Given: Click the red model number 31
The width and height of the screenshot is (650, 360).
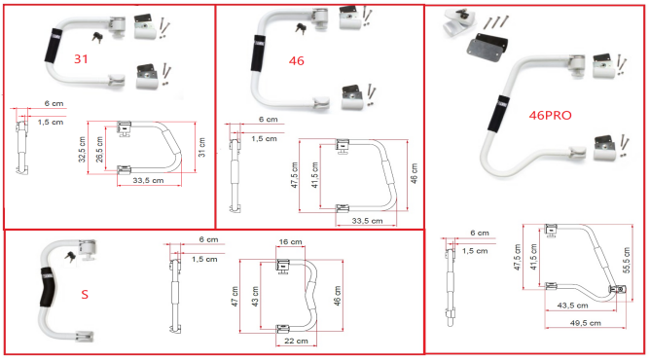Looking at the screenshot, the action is pyautogui.click(x=81, y=58).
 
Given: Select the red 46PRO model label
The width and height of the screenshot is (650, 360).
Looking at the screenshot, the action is pyautogui.click(x=550, y=115).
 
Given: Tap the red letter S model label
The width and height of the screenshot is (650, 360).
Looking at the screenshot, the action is pyautogui.click(x=85, y=295).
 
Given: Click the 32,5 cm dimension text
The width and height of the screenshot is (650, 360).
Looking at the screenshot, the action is pyautogui.click(x=82, y=150).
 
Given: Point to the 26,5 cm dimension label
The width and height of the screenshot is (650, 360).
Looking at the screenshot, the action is pyautogui.click(x=99, y=150).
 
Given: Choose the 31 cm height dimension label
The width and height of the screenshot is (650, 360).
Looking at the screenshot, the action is pyautogui.click(x=201, y=147).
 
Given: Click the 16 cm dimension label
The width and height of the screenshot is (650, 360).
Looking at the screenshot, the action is pyautogui.click(x=290, y=241).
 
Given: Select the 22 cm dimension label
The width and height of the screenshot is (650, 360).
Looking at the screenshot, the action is pyautogui.click(x=296, y=341).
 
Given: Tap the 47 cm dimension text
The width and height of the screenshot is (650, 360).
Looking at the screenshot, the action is pyautogui.click(x=235, y=297).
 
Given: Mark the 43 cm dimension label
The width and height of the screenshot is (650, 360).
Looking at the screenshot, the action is pyautogui.click(x=255, y=297).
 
